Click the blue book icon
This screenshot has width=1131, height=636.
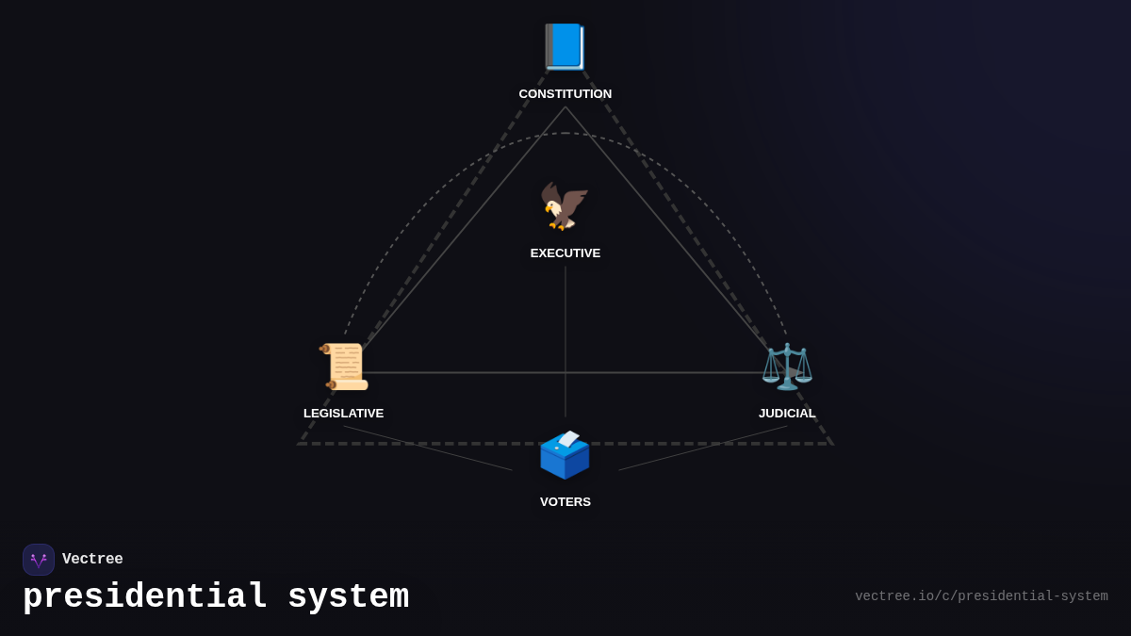coord(565,47)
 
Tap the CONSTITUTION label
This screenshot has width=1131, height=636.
coord(565,94)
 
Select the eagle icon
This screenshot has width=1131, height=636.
coord(565,206)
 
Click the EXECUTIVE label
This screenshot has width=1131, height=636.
coord(565,253)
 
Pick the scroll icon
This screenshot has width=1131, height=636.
coord(344,367)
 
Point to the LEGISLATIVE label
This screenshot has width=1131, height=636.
coord(343,414)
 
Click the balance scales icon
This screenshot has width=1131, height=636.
coord(787,367)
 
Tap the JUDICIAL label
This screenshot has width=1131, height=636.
coord(787,414)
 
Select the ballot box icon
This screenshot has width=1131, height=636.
coord(565,456)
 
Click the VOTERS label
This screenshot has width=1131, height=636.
coord(565,502)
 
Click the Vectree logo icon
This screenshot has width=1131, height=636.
coord(39,560)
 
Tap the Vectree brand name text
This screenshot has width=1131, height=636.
coord(92,560)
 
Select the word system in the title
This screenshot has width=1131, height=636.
coord(348,597)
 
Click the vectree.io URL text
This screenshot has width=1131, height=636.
coord(981,596)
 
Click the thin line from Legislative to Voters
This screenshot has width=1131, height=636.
coord(428,448)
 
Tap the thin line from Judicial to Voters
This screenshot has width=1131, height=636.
coord(703,448)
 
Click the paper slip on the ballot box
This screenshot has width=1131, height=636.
coord(568,438)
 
